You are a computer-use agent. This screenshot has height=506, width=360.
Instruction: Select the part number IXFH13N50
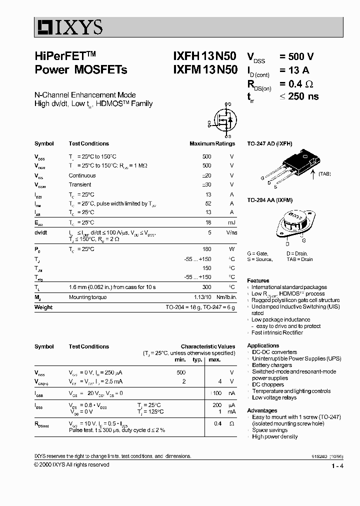[x=205, y=57]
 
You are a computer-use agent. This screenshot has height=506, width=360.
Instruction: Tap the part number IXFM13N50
[x=205, y=70]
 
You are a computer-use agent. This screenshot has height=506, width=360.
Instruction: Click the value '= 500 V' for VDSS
[x=297, y=57]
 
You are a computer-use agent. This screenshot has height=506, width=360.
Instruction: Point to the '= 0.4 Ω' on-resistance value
[x=296, y=83]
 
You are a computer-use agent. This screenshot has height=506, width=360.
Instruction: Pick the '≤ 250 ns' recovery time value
[x=298, y=96]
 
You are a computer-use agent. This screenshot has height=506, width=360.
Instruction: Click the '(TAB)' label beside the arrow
[x=323, y=174]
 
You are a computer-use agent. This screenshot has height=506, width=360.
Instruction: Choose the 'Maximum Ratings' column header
[x=212, y=143]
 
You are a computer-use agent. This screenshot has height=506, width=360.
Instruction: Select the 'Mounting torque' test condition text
[x=87, y=297]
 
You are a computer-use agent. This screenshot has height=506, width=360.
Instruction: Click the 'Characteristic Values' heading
[x=207, y=346]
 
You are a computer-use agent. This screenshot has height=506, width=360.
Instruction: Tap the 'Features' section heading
[x=258, y=280]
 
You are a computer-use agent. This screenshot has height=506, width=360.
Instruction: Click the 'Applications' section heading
[x=263, y=345]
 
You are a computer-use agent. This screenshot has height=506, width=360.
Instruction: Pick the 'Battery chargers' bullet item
[x=272, y=365]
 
